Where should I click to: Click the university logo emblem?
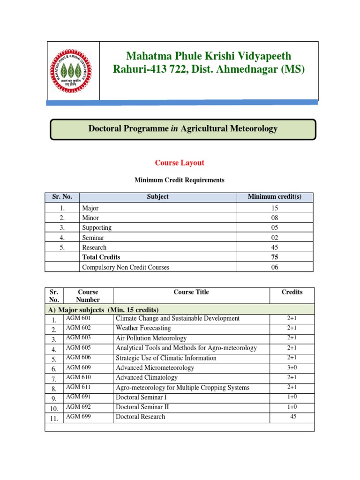click(x=73, y=70)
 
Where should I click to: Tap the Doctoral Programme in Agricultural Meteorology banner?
click(x=183, y=129)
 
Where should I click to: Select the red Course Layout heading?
click(x=180, y=163)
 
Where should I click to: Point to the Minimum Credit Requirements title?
click(x=180, y=180)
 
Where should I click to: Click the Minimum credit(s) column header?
click(x=275, y=197)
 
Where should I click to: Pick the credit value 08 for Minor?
click(x=275, y=218)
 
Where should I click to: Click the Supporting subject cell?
click(x=97, y=228)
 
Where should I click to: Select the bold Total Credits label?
click(x=101, y=257)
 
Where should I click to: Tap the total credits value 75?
click(x=275, y=257)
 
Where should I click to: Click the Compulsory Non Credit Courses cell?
click(x=126, y=267)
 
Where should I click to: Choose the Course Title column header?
click(x=191, y=292)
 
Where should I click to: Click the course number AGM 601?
click(x=78, y=318)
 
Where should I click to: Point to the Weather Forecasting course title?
click(x=143, y=328)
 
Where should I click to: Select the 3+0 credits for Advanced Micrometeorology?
click(x=292, y=368)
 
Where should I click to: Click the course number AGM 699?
click(x=78, y=417)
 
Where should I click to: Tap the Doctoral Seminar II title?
click(x=142, y=407)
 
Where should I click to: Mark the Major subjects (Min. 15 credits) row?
click(x=104, y=310)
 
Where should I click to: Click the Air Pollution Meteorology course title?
click(x=151, y=338)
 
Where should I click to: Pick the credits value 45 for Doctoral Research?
click(x=293, y=417)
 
